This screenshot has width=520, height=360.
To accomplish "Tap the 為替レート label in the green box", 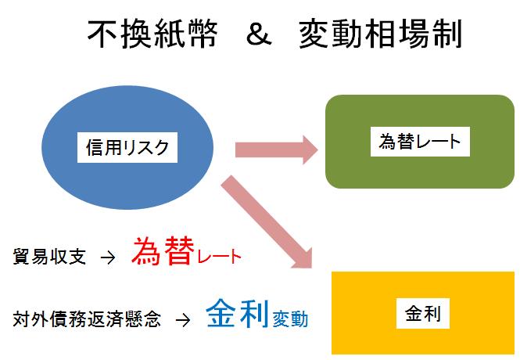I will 419,141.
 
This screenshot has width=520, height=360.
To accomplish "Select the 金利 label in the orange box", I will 423,315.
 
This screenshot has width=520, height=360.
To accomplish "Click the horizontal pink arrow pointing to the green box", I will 273,148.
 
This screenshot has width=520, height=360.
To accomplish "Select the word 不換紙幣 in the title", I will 152,35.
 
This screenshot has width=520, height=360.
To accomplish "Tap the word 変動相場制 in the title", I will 381,35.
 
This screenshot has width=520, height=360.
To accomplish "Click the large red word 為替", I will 161,252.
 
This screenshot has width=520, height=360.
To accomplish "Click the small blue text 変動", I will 290,319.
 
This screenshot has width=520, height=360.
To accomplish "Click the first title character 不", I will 102,35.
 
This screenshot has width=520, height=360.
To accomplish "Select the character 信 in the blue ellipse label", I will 94,146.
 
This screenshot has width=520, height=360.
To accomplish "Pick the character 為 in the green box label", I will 386,141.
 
